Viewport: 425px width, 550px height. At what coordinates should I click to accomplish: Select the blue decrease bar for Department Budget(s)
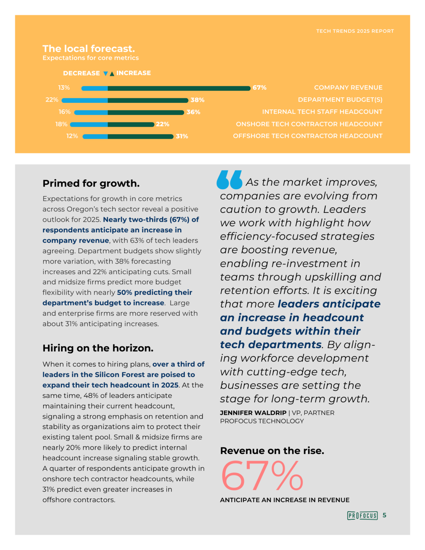tap(85, 100)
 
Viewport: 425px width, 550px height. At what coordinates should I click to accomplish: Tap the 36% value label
tap(193, 112)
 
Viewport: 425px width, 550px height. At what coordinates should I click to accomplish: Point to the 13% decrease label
tap(64, 88)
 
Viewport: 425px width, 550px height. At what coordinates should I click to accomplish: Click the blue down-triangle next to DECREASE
tap(106, 73)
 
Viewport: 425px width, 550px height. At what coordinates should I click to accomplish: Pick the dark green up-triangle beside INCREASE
tap(112, 74)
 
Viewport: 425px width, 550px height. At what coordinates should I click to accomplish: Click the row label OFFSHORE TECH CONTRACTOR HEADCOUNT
tap(307, 136)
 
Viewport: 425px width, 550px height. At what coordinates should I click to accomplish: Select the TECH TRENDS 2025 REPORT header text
tap(355, 31)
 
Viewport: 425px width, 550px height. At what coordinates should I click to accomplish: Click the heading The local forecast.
tap(89, 49)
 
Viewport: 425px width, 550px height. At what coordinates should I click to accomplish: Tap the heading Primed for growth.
tap(91, 183)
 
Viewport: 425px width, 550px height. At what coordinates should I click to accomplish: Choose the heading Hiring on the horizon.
tap(98, 348)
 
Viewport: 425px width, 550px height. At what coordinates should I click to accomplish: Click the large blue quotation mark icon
tap(229, 180)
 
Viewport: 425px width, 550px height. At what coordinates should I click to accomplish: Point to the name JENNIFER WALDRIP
tap(253, 413)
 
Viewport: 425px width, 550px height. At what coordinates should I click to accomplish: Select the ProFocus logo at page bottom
tap(362, 515)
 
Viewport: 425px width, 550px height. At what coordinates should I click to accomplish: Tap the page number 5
tap(384, 515)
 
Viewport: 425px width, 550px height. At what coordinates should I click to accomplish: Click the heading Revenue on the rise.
tap(272, 451)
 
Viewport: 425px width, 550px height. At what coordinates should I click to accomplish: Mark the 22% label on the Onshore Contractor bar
tap(163, 124)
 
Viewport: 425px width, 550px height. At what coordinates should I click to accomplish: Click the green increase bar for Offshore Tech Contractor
tap(140, 136)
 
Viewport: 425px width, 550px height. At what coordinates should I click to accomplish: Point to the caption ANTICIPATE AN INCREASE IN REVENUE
tap(285, 500)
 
